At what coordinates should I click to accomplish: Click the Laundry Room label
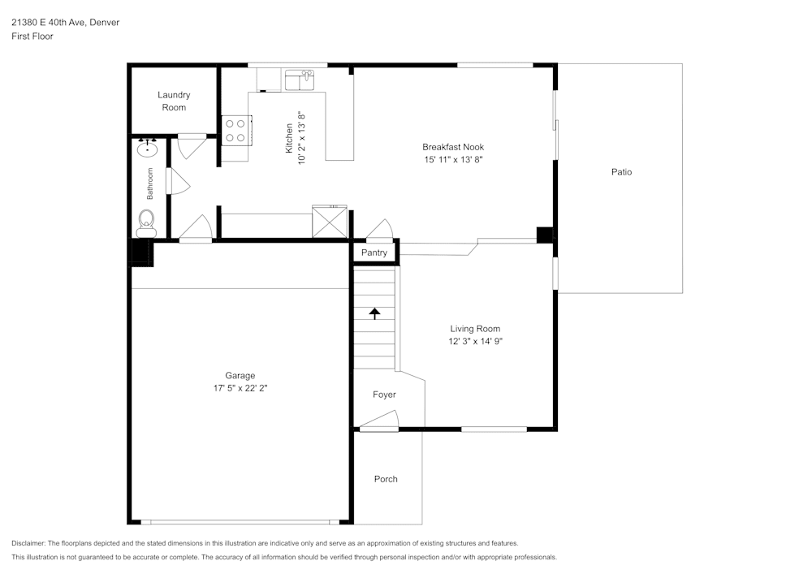pyautogui.click(x=174, y=101)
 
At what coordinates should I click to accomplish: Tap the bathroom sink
pyautogui.click(x=148, y=150)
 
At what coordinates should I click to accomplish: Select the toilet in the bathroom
pyautogui.click(x=146, y=220)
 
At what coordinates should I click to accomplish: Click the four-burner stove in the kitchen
pyautogui.click(x=235, y=131)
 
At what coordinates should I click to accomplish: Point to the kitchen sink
pyautogui.click(x=299, y=80)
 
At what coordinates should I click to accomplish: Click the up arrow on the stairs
pyautogui.click(x=374, y=313)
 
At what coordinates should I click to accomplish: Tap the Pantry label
pyautogui.click(x=374, y=253)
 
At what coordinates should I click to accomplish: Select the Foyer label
pyautogui.click(x=384, y=395)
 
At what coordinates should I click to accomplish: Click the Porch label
pyautogui.click(x=386, y=479)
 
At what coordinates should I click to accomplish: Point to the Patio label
pyautogui.click(x=621, y=172)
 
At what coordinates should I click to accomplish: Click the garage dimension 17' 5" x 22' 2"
pyautogui.click(x=240, y=389)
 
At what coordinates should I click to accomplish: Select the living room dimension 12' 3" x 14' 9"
pyautogui.click(x=476, y=342)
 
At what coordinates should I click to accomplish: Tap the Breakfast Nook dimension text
pyautogui.click(x=453, y=160)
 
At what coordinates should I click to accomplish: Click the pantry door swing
pyautogui.click(x=379, y=231)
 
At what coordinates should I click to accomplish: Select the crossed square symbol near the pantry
pyautogui.click(x=330, y=221)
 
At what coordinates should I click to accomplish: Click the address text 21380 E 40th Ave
pyautogui.click(x=65, y=23)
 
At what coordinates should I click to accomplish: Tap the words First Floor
pyautogui.click(x=32, y=37)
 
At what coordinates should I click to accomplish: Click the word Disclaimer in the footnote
pyautogui.click(x=28, y=543)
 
